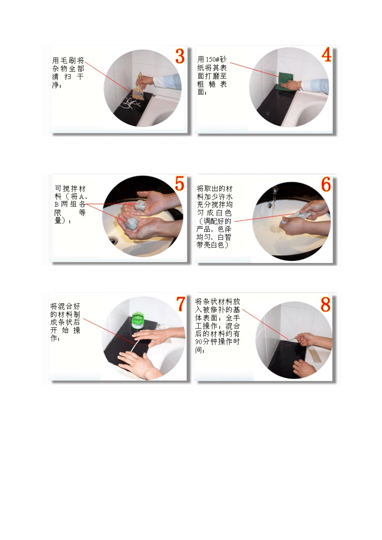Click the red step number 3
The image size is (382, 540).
180,56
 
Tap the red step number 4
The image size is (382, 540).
327,55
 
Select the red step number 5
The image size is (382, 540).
179,184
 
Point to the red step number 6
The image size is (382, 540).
326,185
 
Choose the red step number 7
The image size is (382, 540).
181,304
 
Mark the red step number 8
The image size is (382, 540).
326,304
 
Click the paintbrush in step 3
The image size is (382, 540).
139,88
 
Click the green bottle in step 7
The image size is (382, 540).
138,320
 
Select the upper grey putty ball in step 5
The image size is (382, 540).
140,205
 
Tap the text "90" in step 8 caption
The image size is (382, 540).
199,342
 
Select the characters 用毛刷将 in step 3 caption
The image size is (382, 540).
68,61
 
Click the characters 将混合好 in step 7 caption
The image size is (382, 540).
65,307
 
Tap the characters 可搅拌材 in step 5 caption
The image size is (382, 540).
70,189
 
